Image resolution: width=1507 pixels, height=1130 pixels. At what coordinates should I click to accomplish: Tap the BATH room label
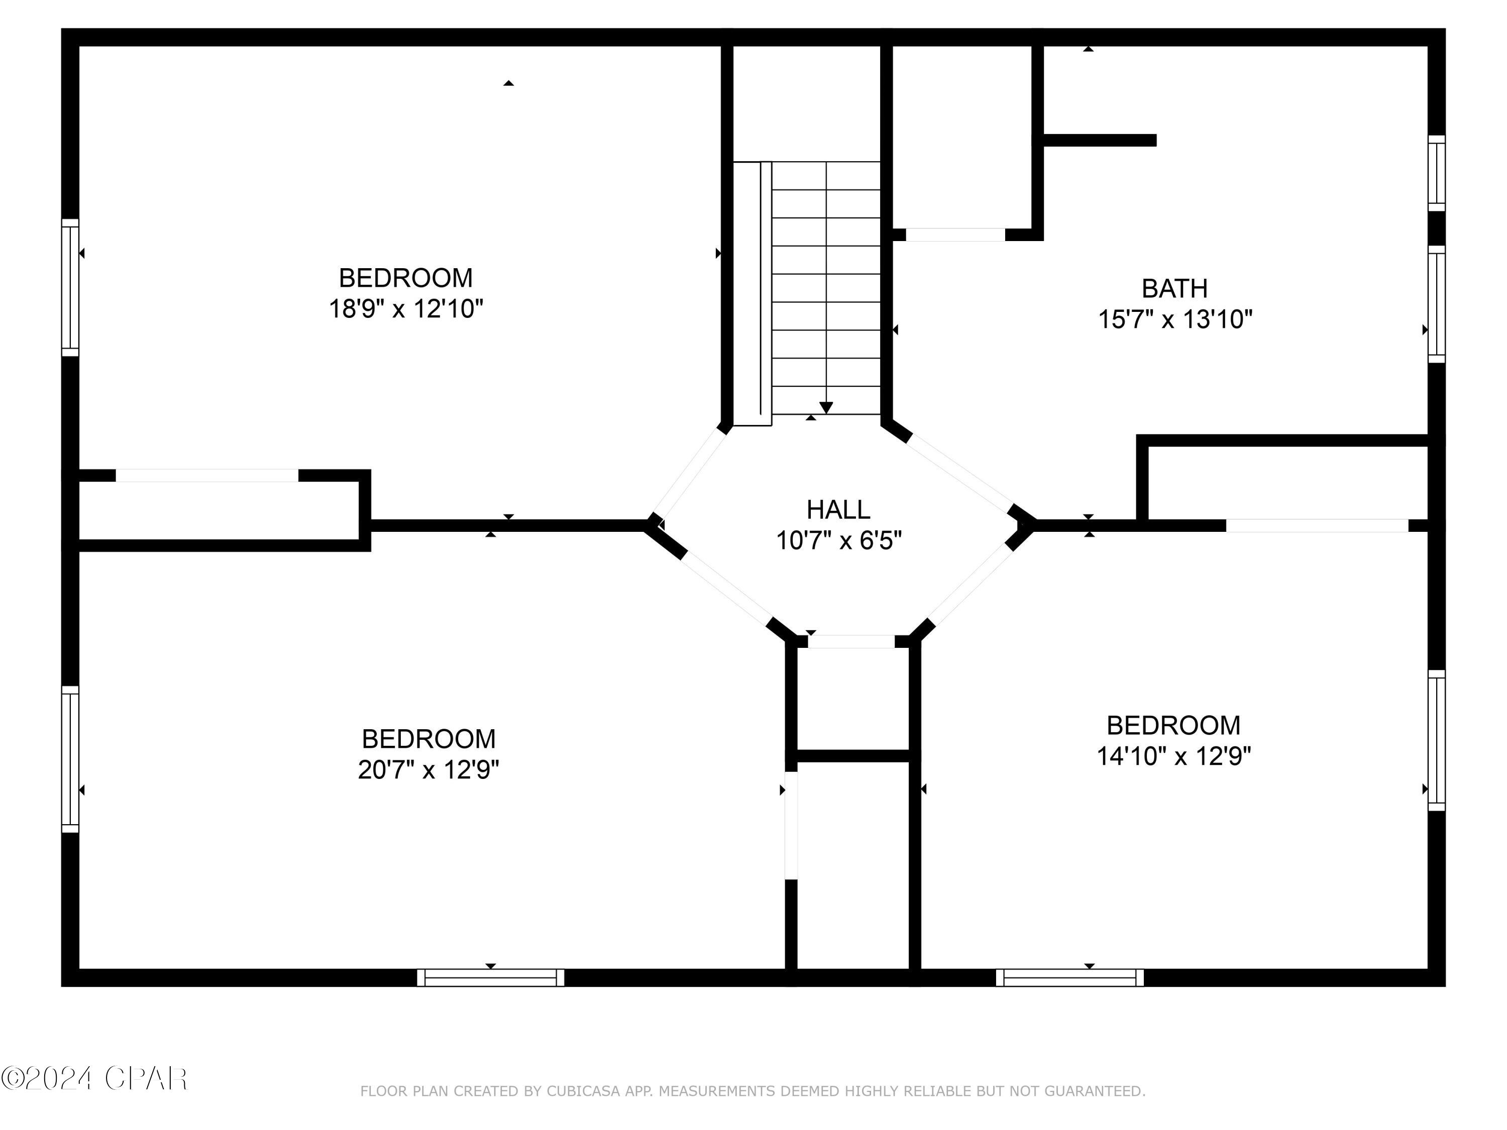click(x=1174, y=289)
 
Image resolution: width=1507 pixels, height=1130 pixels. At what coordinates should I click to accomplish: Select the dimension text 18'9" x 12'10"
click(x=406, y=308)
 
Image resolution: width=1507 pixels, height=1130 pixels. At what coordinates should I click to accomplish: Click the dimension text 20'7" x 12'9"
click(x=428, y=770)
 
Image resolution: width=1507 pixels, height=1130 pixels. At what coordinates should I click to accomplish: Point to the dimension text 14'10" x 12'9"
click(x=1174, y=756)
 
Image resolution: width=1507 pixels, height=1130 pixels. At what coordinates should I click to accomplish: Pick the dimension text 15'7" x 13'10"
click(x=1175, y=319)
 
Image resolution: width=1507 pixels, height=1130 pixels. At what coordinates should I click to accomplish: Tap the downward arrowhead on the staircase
click(x=826, y=407)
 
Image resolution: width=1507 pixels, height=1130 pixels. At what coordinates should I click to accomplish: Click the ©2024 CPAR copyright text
click(x=94, y=1078)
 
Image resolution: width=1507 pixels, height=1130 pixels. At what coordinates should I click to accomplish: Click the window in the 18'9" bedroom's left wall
click(x=70, y=287)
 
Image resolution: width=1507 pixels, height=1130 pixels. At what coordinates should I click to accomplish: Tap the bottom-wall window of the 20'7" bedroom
click(x=490, y=977)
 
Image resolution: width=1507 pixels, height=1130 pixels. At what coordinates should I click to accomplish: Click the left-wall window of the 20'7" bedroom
click(x=70, y=759)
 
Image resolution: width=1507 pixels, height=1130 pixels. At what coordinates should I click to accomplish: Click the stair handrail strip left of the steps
click(x=752, y=294)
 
